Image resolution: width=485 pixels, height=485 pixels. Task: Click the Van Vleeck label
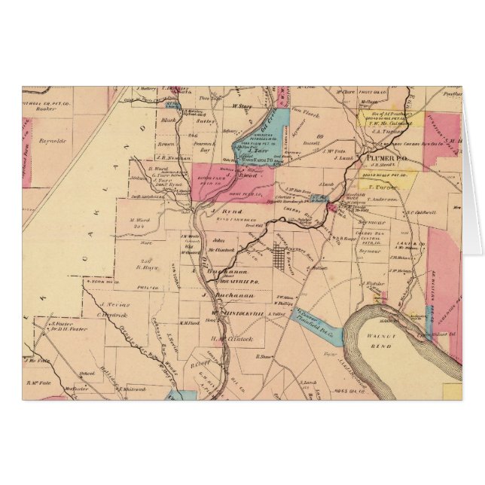[301, 108]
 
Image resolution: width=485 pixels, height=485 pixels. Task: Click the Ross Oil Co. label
[347, 393]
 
